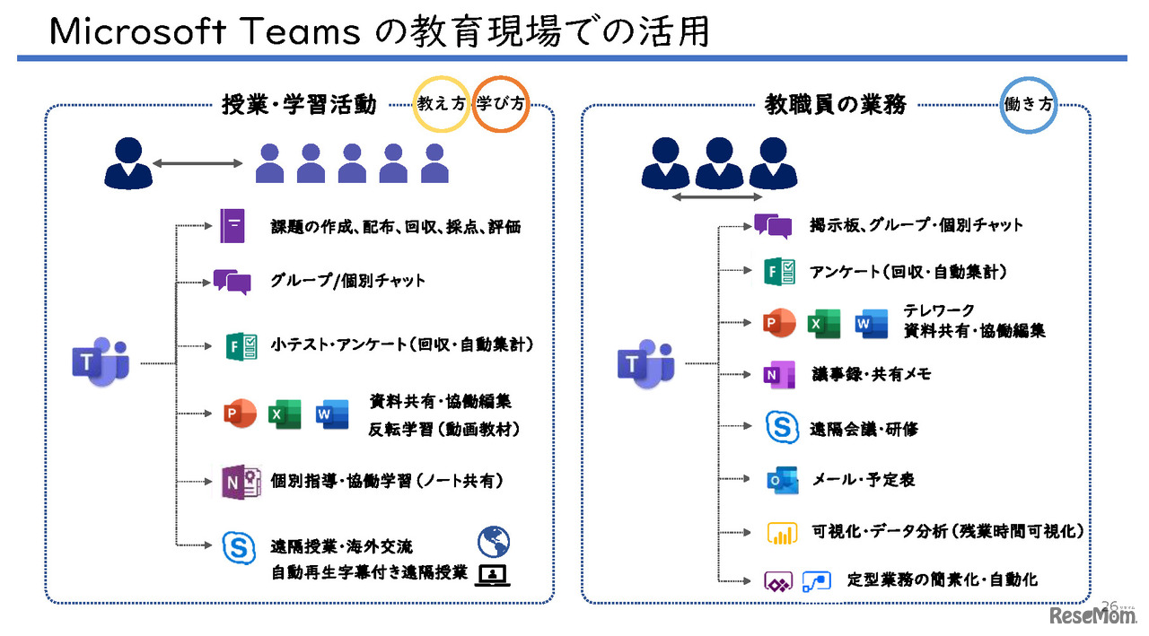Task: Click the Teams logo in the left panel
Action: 101,362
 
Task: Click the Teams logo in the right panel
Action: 645,363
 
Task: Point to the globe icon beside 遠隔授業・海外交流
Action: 493,541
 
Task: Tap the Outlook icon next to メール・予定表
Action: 782,480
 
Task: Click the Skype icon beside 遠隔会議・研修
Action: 782,428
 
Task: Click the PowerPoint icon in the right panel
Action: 778,324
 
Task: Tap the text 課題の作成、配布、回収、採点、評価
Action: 395,227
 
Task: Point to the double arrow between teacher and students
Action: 197,163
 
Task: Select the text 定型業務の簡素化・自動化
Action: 942,579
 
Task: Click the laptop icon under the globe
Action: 493,575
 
